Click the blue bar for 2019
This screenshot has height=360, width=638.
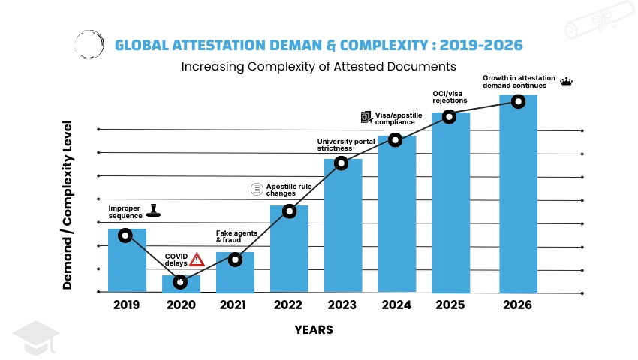point(127,262)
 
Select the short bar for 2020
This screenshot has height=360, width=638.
point(181,285)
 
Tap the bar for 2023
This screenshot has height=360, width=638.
point(343,225)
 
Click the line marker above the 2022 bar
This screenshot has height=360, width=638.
point(289,211)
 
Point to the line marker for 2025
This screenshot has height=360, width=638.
point(449,116)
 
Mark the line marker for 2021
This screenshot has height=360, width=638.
point(235,259)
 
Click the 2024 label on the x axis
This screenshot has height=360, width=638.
point(396,304)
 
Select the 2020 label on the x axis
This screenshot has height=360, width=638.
point(181,304)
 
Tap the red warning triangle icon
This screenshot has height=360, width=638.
point(197,259)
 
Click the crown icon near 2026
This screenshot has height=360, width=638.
point(567,82)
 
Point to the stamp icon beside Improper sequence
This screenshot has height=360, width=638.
point(154,211)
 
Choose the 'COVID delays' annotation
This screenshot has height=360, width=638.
point(176,259)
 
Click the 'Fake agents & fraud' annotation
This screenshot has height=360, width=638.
point(236,236)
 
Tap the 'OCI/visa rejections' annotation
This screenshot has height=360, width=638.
point(450,97)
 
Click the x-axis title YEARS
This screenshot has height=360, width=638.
point(313,329)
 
